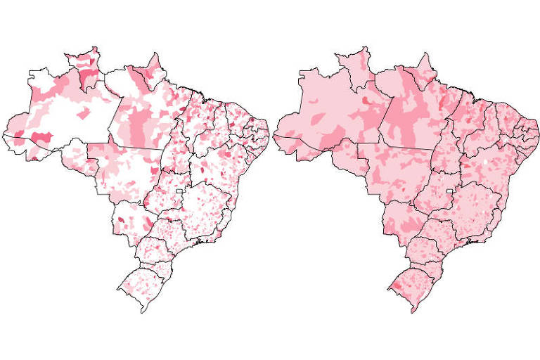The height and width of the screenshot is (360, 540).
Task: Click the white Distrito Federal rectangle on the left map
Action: [x=179, y=191]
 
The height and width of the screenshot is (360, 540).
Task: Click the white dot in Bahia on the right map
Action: [x=484, y=163]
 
